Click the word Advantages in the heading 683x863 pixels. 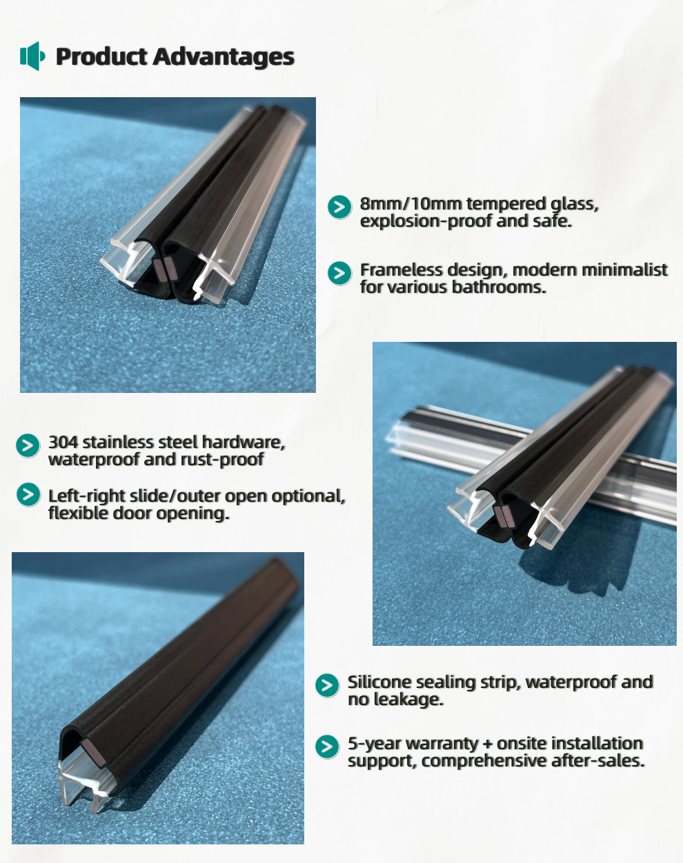224,57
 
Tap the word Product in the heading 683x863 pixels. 101,56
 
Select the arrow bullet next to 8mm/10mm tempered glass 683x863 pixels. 339,207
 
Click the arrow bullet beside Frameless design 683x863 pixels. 339,273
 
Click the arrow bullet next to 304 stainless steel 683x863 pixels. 28,445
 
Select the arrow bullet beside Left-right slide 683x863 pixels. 28,494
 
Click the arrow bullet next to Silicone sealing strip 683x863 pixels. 327,685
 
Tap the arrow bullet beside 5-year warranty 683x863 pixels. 327,747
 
